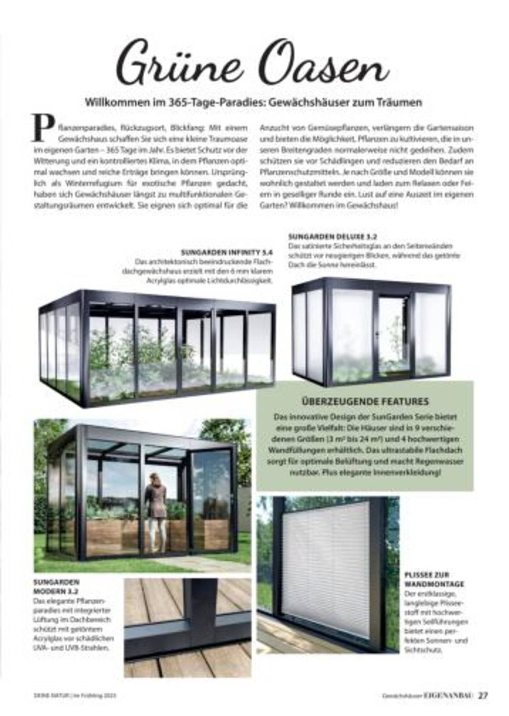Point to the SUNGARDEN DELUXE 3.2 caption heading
(333, 237)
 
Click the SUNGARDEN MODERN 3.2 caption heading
(56, 586)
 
